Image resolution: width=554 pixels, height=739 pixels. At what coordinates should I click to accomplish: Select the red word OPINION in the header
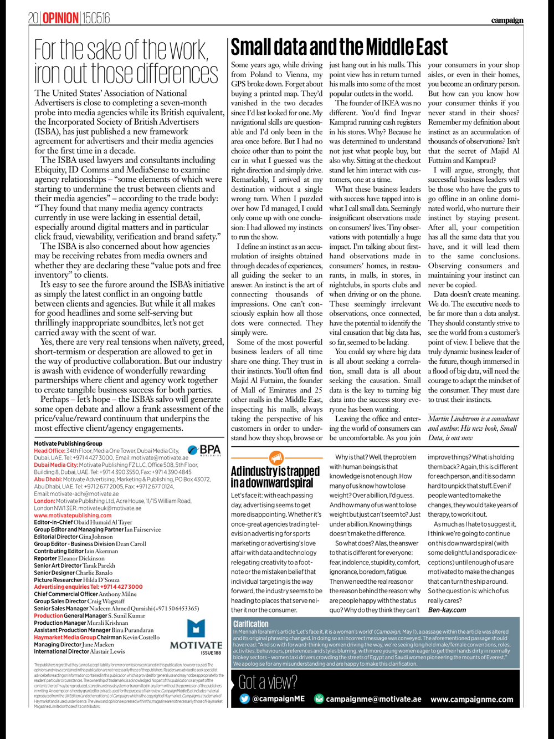point(61,19)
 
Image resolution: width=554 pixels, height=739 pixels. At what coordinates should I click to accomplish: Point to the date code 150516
point(96,19)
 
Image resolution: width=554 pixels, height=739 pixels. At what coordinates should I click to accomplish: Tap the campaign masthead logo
point(506,21)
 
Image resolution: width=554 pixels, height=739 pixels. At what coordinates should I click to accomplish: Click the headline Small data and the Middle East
point(339,48)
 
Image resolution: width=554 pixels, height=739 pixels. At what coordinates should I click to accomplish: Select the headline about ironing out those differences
point(126,62)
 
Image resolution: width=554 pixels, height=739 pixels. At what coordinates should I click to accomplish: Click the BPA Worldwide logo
point(204,450)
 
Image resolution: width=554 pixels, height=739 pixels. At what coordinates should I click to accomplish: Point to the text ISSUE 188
point(211,653)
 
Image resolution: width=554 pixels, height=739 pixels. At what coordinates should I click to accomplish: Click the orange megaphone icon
point(276,458)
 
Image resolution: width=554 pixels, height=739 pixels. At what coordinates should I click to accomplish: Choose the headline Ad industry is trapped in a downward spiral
point(275,477)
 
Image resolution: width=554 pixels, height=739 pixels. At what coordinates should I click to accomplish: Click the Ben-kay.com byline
point(447,610)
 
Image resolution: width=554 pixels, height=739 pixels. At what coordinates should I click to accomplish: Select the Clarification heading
point(250,624)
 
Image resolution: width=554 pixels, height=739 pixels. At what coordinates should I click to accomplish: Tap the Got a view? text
point(268,681)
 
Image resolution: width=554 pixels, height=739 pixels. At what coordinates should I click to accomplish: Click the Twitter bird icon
point(244,699)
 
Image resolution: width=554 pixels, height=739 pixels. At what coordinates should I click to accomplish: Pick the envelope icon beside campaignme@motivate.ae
point(319,699)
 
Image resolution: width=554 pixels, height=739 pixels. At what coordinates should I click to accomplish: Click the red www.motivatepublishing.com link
point(73,515)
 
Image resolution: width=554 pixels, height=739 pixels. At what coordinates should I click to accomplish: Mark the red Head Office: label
point(49,451)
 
